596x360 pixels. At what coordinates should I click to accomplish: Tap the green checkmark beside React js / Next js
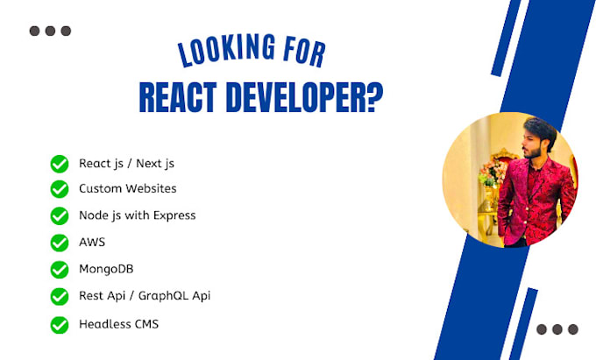pos(60,163)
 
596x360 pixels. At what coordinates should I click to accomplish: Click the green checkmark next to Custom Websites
pos(60,188)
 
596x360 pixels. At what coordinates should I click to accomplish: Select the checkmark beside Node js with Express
pos(60,215)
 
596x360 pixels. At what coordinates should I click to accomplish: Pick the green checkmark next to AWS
pos(60,243)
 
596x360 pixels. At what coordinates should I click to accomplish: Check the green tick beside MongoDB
pos(60,270)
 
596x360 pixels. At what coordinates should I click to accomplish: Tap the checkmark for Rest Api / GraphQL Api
pos(60,297)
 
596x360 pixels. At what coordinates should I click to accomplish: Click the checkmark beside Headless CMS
pos(60,325)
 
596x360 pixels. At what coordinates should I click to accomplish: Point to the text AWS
pos(92,242)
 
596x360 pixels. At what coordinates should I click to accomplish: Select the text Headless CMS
pos(118,324)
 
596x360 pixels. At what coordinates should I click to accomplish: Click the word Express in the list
pos(174,215)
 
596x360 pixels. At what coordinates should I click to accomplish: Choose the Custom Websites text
pos(127,188)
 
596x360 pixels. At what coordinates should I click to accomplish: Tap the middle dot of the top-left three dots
pos(50,31)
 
